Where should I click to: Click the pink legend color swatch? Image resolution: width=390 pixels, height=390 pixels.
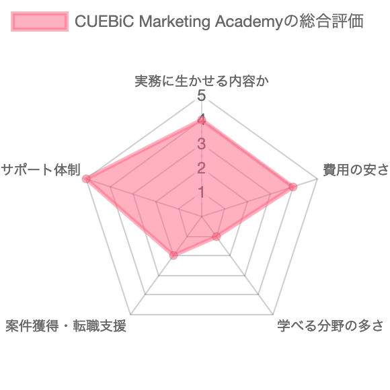click(40, 22)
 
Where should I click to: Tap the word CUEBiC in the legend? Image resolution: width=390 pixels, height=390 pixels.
click(105, 21)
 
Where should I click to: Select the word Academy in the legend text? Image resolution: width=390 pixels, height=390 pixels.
click(249, 22)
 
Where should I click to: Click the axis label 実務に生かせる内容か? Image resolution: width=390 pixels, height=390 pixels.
click(202, 81)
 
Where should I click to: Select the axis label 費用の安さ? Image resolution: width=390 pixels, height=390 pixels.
click(356, 170)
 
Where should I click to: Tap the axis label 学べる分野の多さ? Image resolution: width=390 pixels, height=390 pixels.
click(331, 325)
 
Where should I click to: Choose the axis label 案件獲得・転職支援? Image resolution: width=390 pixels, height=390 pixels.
click(66, 325)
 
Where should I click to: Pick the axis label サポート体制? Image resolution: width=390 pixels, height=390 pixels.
click(40, 170)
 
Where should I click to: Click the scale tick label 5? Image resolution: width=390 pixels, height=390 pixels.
click(202, 95)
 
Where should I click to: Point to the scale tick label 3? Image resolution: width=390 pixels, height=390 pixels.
click(202, 144)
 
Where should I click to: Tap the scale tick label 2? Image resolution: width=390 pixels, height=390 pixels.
click(202, 168)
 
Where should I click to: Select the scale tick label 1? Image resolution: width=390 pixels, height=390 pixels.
click(202, 192)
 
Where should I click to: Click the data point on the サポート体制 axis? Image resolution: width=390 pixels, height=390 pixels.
click(87, 179)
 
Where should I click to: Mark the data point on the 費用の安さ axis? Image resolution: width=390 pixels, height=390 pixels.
click(293, 187)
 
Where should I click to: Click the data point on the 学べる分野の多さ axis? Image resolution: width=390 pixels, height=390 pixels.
click(216, 236)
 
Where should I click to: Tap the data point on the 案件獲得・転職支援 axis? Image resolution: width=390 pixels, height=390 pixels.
click(173, 256)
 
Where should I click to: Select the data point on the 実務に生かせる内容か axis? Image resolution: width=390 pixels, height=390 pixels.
click(202, 120)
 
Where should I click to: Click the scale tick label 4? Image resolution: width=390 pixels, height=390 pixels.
click(202, 120)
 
